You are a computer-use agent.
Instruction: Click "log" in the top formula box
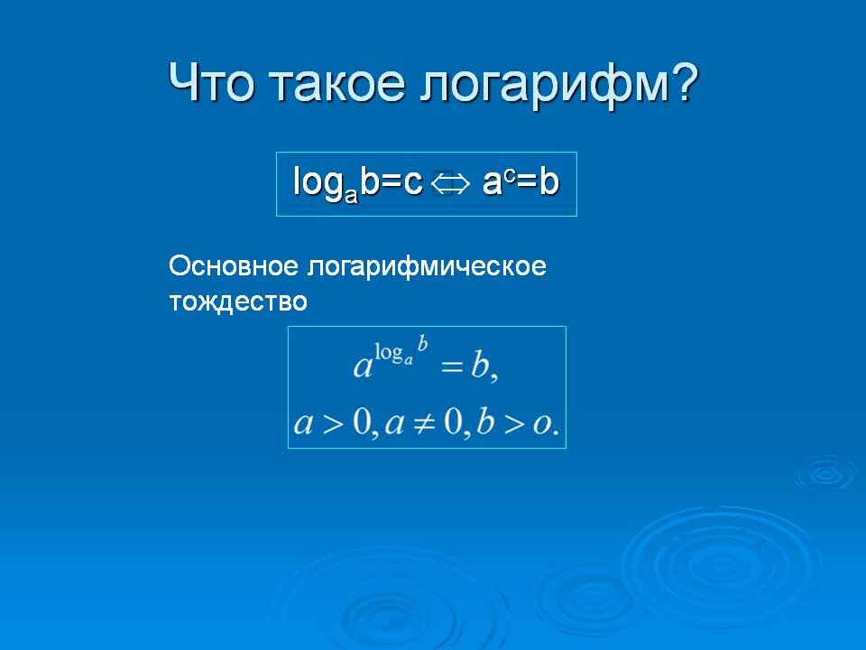tap(317, 184)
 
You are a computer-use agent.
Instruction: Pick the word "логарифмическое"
tap(428, 268)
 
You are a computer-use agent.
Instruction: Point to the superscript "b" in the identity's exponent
tap(422, 344)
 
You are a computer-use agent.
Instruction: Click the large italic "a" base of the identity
tap(363, 367)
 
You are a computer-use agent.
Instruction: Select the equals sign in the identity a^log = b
tap(451, 366)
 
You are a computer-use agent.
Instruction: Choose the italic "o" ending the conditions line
tap(544, 423)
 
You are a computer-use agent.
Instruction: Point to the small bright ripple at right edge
tap(824, 472)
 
